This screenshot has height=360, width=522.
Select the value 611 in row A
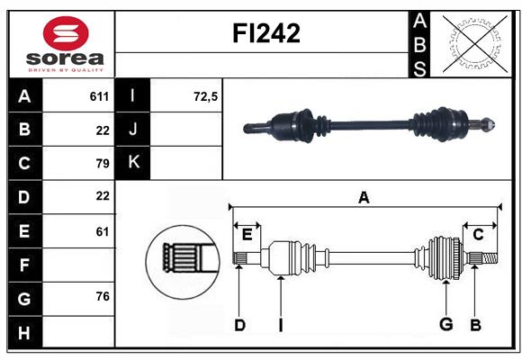(99, 96)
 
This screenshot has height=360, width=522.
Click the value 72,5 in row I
(206, 96)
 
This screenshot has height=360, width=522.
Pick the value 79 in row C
(102, 164)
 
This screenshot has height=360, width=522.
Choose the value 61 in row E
(102, 231)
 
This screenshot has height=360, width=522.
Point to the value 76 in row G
(102, 297)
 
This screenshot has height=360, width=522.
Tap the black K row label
(134, 163)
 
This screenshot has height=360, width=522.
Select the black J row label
(134, 130)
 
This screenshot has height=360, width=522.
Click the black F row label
(24, 265)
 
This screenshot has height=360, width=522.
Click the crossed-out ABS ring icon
(470, 43)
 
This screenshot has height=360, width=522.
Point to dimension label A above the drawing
(364, 197)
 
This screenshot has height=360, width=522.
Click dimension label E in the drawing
(247, 234)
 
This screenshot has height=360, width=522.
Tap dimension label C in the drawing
(479, 234)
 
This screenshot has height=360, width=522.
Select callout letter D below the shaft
(239, 325)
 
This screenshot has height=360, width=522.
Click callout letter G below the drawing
(445, 325)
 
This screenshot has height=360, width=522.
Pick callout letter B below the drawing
(476, 325)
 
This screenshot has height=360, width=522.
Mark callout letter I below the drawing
(280, 325)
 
